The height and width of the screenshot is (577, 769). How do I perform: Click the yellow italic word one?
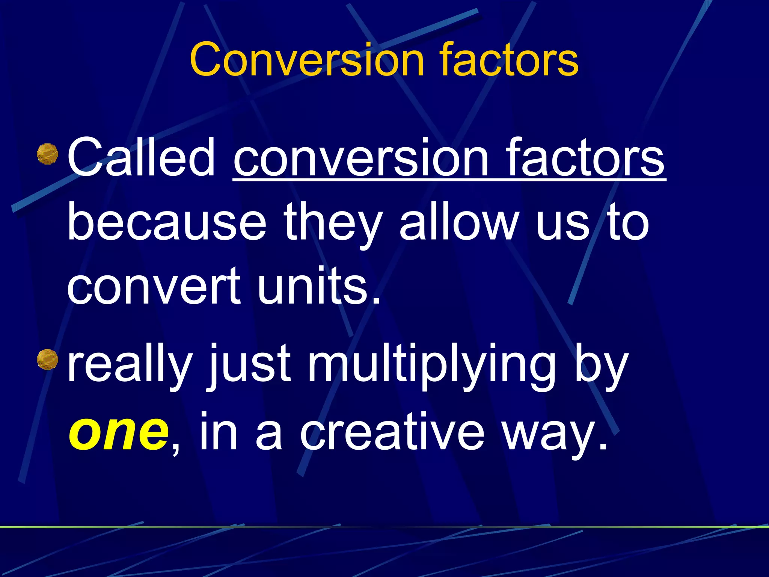(x=119, y=432)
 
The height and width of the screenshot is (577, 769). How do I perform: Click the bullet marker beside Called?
(x=48, y=154)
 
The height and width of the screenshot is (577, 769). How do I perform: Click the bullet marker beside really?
(x=48, y=359)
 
